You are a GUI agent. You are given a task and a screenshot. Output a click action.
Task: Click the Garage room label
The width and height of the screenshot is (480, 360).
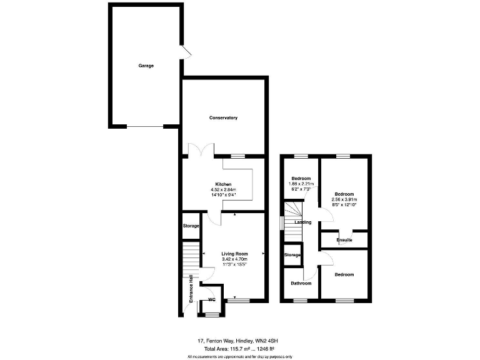146,66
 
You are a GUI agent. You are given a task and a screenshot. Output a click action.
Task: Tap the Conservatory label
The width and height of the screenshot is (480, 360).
223,118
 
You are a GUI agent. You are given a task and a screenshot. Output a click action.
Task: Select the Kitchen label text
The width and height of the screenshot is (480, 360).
224,184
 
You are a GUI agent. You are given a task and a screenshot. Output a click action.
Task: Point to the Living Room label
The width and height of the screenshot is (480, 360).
234,254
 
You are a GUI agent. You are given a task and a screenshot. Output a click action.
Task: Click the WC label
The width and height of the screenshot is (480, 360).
212,299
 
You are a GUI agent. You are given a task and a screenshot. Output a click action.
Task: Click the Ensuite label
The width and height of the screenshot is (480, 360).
344,240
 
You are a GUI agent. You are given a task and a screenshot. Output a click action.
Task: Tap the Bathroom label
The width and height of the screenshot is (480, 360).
301,283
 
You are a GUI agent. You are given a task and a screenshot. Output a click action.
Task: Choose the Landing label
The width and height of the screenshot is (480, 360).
302,222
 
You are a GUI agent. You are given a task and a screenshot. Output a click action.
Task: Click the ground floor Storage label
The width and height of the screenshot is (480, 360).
191,226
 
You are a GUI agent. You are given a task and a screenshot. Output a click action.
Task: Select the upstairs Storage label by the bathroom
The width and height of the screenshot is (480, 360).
292,255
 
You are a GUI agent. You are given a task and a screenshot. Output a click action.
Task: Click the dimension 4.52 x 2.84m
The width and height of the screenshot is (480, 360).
224,190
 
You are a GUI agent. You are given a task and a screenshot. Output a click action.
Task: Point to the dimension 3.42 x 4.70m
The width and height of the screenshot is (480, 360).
234,259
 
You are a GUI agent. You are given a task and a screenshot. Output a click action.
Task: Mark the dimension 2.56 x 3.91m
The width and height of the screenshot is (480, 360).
344,199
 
